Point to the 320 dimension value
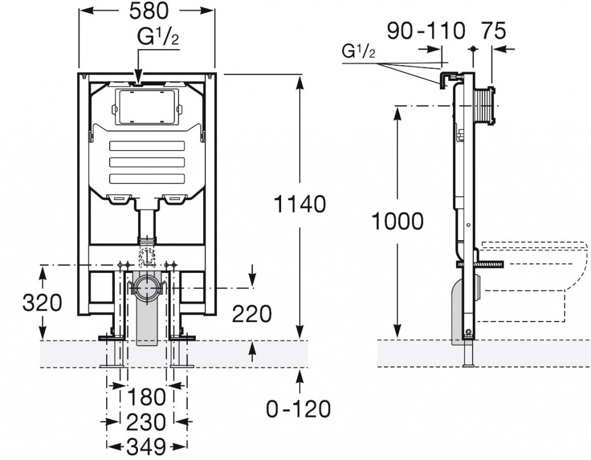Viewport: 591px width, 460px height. tap(42, 302)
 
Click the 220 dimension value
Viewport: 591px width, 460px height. tap(251, 314)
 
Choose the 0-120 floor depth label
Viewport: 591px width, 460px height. tap(298, 409)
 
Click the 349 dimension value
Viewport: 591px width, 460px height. tap(145, 446)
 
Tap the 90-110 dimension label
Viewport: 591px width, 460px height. tap(426, 31)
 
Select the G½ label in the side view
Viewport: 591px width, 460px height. tap(359, 52)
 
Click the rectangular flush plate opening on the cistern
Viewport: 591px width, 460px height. tap(146, 107)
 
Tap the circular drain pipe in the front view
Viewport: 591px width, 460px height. tap(147, 287)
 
